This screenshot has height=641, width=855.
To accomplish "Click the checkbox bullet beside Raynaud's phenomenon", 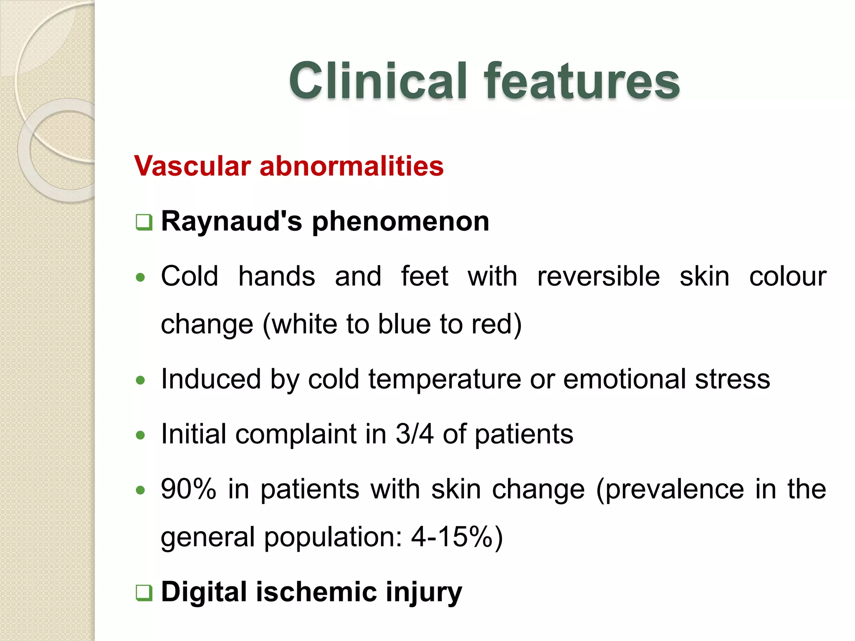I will click(x=144, y=222).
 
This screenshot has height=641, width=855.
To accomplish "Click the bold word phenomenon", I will click(x=400, y=222).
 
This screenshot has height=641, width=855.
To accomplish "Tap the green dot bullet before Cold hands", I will click(x=141, y=278).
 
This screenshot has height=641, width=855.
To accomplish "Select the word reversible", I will click(x=598, y=277).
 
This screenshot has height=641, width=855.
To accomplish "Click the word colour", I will click(x=787, y=277).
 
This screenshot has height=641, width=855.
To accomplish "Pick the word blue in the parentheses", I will click(x=404, y=324).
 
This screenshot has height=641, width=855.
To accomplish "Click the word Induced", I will click(x=211, y=379).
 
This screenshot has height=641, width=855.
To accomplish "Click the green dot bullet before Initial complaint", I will click(x=141, y=435).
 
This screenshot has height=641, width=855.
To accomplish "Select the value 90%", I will click(x=189, y=489).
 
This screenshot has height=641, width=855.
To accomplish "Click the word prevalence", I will click(x=670, y=489).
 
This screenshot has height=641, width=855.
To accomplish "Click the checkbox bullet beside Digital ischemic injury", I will click(x=144, y=593).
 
